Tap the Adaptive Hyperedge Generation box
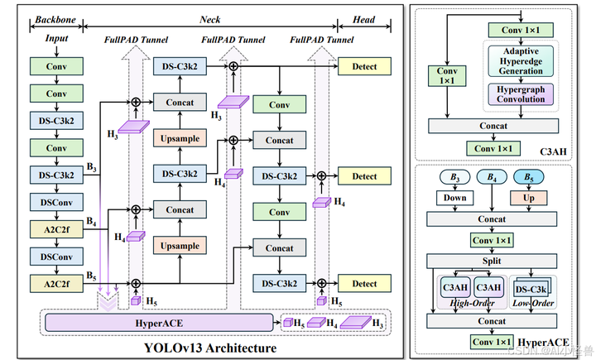[521, 61]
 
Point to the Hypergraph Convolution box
[521, 94]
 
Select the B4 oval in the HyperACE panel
[493, 177]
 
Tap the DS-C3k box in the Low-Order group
[531, 289]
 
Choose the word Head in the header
[364, 19]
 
